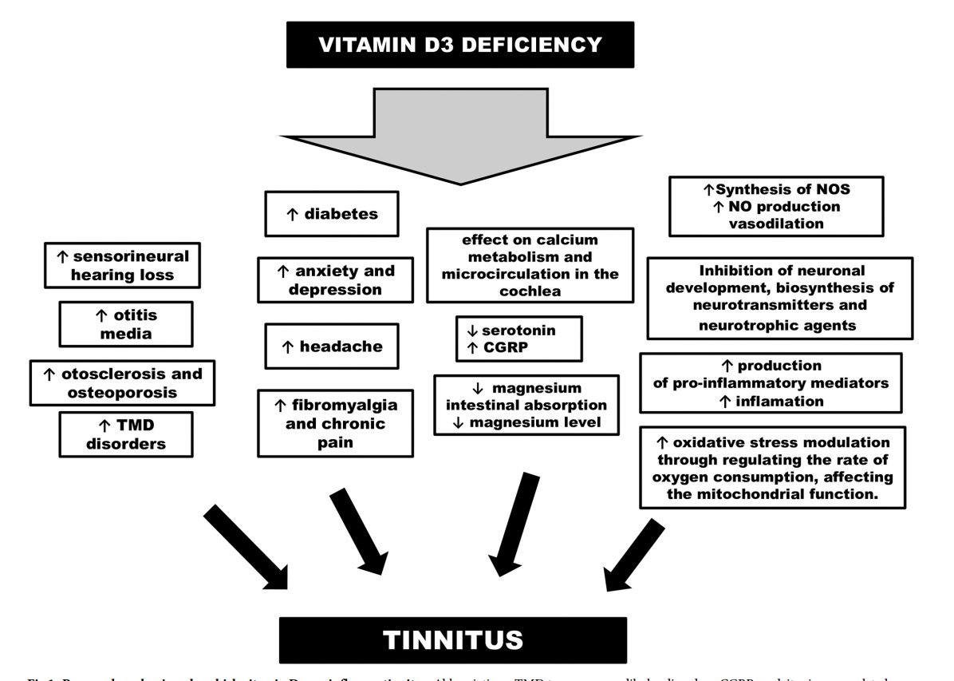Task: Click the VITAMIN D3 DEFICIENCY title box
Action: [x=460, y=45]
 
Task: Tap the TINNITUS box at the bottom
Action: [x=453, y=639]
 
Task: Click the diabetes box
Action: [x=331, y=214]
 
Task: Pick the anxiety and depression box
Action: [x=335, y=279]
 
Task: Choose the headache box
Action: [x=331, y=346]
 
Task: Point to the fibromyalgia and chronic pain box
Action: [x=335, y=423]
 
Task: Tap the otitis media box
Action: [x=125, y=323]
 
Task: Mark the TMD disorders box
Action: [x=125, y=434]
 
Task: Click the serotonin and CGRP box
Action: [x=518, y=338]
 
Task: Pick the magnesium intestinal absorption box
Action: [x=526, y=405]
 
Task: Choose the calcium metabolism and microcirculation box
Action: [x=530, y=265]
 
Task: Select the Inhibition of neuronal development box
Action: [x=779, y=298]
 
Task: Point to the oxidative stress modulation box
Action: [x=772, y=468]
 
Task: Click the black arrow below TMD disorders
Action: [x=246, y=548]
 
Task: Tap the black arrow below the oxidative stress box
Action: [x=633, y=555]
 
